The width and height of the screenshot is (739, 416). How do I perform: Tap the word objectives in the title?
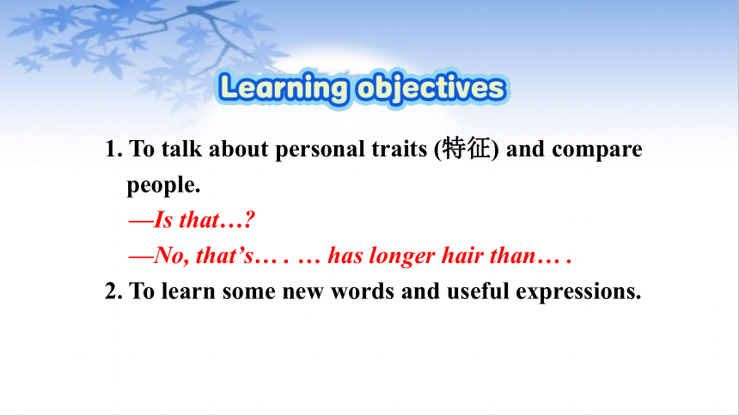click(x=431, y=89)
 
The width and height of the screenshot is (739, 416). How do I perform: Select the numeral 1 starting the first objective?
click(x=110, y=149)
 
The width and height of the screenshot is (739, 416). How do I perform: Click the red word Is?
click(x=163, y=220)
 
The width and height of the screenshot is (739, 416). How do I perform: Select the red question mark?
click(x=250, y=220)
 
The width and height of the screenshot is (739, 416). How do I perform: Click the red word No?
click(x=168, y=255)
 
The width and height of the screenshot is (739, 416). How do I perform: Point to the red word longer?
click(x=402, y=256)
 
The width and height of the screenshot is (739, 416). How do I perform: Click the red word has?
click(x=345, y=255)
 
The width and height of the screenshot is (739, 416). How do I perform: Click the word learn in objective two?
click(x=188, y=291)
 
